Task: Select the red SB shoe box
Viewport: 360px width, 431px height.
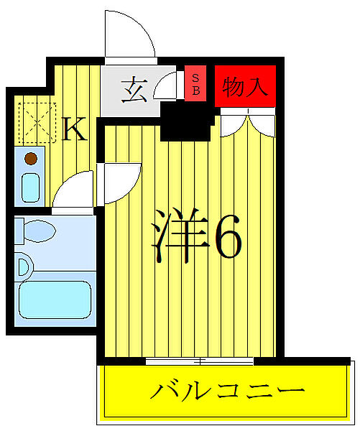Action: (193, 84)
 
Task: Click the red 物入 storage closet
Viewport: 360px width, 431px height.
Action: (245, 87)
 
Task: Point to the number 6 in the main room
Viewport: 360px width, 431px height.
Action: (228, 235)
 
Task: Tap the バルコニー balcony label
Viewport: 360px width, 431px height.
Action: (227, 391)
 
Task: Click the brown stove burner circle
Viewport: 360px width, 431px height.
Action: (31, 158)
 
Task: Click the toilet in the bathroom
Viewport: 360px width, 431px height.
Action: (36, 231)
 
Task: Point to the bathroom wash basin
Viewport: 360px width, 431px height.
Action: (24, 267)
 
